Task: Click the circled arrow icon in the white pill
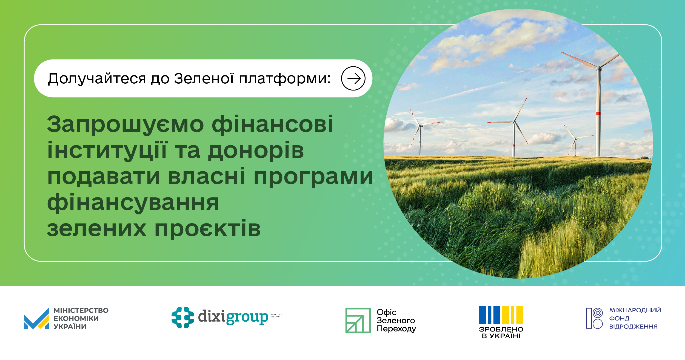(353, 78)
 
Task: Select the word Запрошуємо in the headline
(125, 124)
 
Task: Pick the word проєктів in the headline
(207, 229)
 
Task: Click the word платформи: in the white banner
(285, 79)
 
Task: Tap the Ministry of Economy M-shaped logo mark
(37, 319)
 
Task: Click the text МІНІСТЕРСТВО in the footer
(81, 311)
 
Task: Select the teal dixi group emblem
(183, 318)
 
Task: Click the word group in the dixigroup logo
(247, 317)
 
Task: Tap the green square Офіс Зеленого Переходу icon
(358, 320)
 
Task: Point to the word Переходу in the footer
(396, 328)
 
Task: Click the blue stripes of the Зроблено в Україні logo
(489, 315)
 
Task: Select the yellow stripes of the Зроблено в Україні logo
(512, 315)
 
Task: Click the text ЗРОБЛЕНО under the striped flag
(501, 329)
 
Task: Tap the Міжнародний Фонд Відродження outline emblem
(594, 318)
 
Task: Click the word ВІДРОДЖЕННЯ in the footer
(633, 327)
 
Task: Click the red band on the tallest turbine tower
(598, 113)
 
